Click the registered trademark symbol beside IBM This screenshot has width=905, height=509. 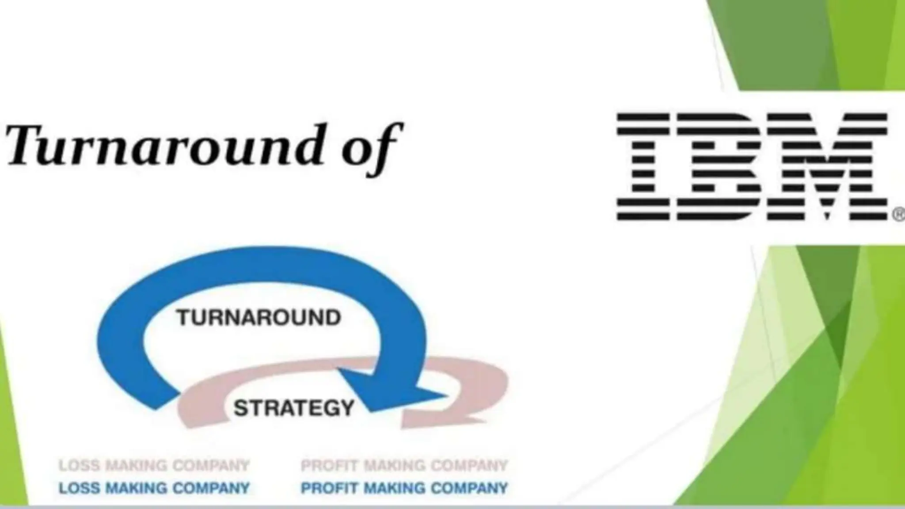coord(899,215)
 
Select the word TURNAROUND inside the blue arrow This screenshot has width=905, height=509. coord(259,318)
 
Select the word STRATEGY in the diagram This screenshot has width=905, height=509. coord(294,408)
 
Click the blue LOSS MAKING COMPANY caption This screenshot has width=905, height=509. coord(154,488)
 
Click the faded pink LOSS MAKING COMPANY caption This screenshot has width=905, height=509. coord(154,465)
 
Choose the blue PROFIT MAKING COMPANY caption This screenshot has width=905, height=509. coord(404,488)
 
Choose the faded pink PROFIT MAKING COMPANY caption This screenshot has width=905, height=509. coord(404,465)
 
